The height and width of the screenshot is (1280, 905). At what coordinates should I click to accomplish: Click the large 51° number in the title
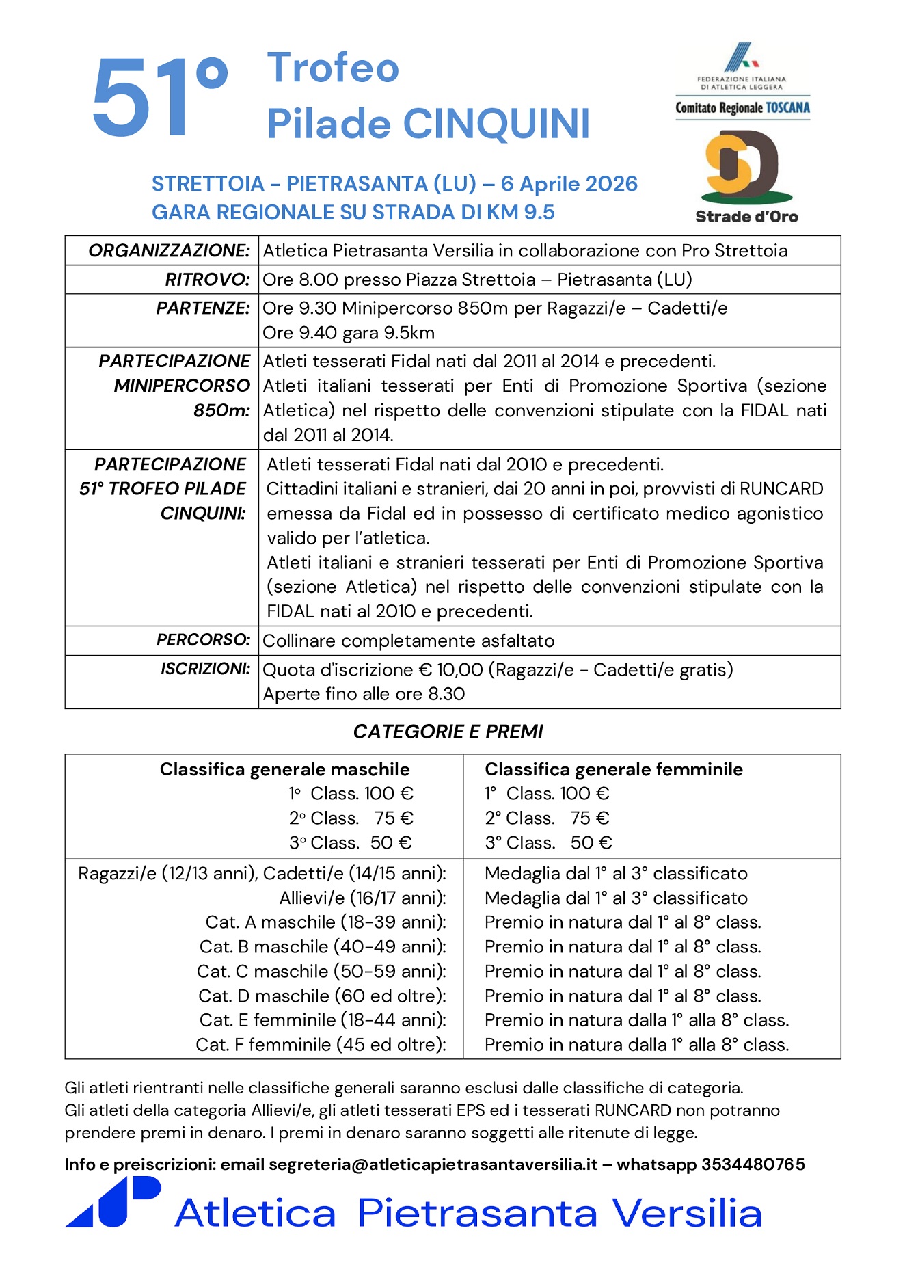click(x=159, y=97)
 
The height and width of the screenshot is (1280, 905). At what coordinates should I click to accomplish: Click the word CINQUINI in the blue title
click(x=496, y=124)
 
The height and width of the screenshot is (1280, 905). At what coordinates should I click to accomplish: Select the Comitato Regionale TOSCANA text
click(x=742, y=108)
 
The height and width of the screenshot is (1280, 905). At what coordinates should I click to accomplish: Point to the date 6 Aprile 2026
click(x=569, y=184)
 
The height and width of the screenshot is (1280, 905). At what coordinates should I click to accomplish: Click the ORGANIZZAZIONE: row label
click(x=169, y=251)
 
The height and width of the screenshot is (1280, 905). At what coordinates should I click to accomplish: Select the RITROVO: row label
click(x=207, y=280)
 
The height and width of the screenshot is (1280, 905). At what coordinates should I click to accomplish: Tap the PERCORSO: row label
click(x=203, y=640)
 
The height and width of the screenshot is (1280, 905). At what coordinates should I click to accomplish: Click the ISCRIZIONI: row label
click(x=205, y=669)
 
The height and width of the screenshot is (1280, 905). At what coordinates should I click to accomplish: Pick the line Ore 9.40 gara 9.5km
click(x=349, y=333)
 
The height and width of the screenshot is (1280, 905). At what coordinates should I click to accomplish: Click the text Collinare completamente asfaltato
click(x=408, y=641)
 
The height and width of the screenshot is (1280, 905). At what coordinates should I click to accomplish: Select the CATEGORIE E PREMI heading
click(x=448, y=732)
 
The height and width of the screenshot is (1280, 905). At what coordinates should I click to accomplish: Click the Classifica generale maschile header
click(x=284, y=770)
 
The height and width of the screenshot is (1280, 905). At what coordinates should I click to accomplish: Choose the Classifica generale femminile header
click(x=613, y=770)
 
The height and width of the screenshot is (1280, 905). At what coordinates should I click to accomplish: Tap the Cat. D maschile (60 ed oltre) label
click(x=322, y=996)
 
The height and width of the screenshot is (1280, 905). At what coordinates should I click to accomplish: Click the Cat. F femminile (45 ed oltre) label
click(x=321, y=1045)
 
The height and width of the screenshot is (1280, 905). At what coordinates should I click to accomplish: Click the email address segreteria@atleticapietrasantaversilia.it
click(x=433, y=1164)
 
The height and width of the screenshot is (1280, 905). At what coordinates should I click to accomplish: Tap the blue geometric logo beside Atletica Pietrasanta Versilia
click(x=113, y=1202)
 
